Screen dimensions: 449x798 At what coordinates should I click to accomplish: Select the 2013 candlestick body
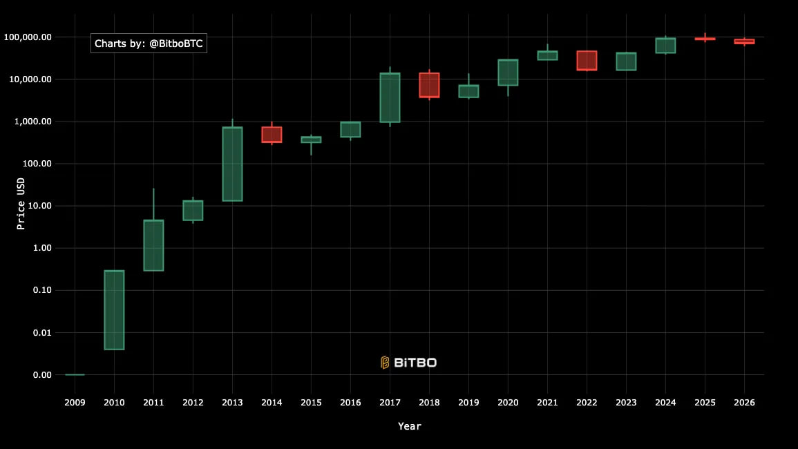tap(232, 164)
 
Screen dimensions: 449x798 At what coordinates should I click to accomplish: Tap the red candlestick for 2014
tap(272, 134)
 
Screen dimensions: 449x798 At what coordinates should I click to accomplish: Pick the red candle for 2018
tap(429, 85)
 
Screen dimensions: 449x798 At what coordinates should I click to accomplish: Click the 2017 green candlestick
tap(390, 97)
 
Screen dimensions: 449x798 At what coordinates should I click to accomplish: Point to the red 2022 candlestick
tap(587, 60)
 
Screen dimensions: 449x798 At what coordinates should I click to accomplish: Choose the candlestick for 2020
tap(508, 73)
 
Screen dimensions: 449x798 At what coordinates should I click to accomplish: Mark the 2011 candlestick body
tap(153, 245)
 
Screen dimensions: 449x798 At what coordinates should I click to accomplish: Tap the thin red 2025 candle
tap(705, 39)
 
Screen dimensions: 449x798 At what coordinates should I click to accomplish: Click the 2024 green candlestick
tap(665, 46)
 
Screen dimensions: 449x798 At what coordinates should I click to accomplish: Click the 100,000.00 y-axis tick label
tap(28, 37)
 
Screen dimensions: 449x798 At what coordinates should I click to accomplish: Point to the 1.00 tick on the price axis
tap(43, 248)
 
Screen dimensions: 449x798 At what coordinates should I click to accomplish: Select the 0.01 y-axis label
tap(43, 332)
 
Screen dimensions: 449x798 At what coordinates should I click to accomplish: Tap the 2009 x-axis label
tap(75, 402)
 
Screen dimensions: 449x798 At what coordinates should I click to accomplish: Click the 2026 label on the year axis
tap(744, 402)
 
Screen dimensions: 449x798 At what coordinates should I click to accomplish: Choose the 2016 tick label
tap(350, 402)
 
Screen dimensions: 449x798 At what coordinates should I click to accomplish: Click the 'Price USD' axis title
tap(21, 205)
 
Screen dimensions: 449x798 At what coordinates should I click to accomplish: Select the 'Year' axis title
tap(410, 426)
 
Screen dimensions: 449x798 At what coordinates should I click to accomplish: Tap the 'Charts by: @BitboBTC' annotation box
tap(149, 43)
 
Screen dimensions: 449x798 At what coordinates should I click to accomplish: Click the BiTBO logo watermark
tap(409, 362)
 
